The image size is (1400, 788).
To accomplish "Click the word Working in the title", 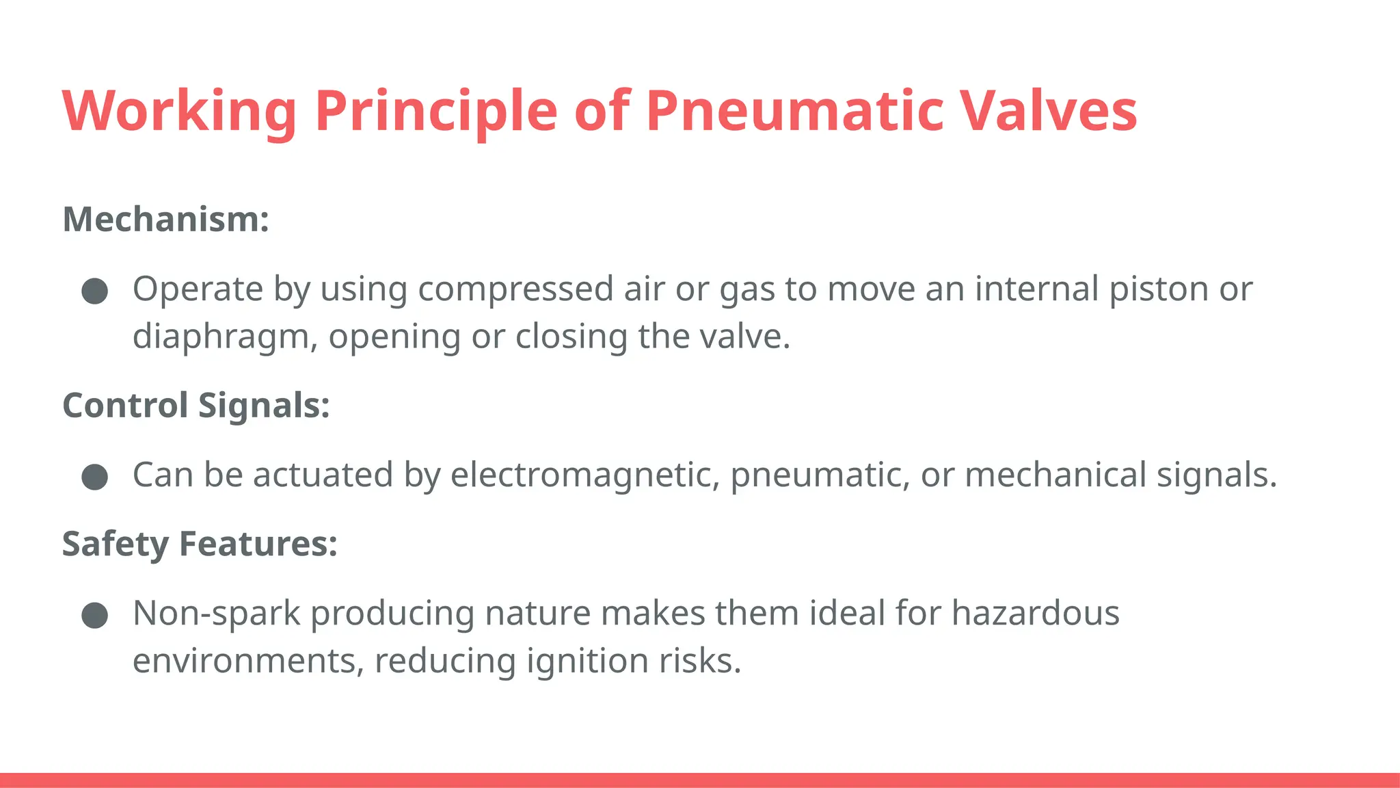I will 179,111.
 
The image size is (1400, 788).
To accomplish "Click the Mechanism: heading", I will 166,220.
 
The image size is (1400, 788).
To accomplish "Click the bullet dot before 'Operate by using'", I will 95,291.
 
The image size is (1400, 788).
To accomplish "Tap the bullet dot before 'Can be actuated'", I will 95,477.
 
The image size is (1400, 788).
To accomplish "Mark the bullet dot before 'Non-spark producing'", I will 95,615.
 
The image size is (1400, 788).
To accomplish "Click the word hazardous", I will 1035,613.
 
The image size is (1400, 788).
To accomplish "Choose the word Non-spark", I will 216,613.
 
